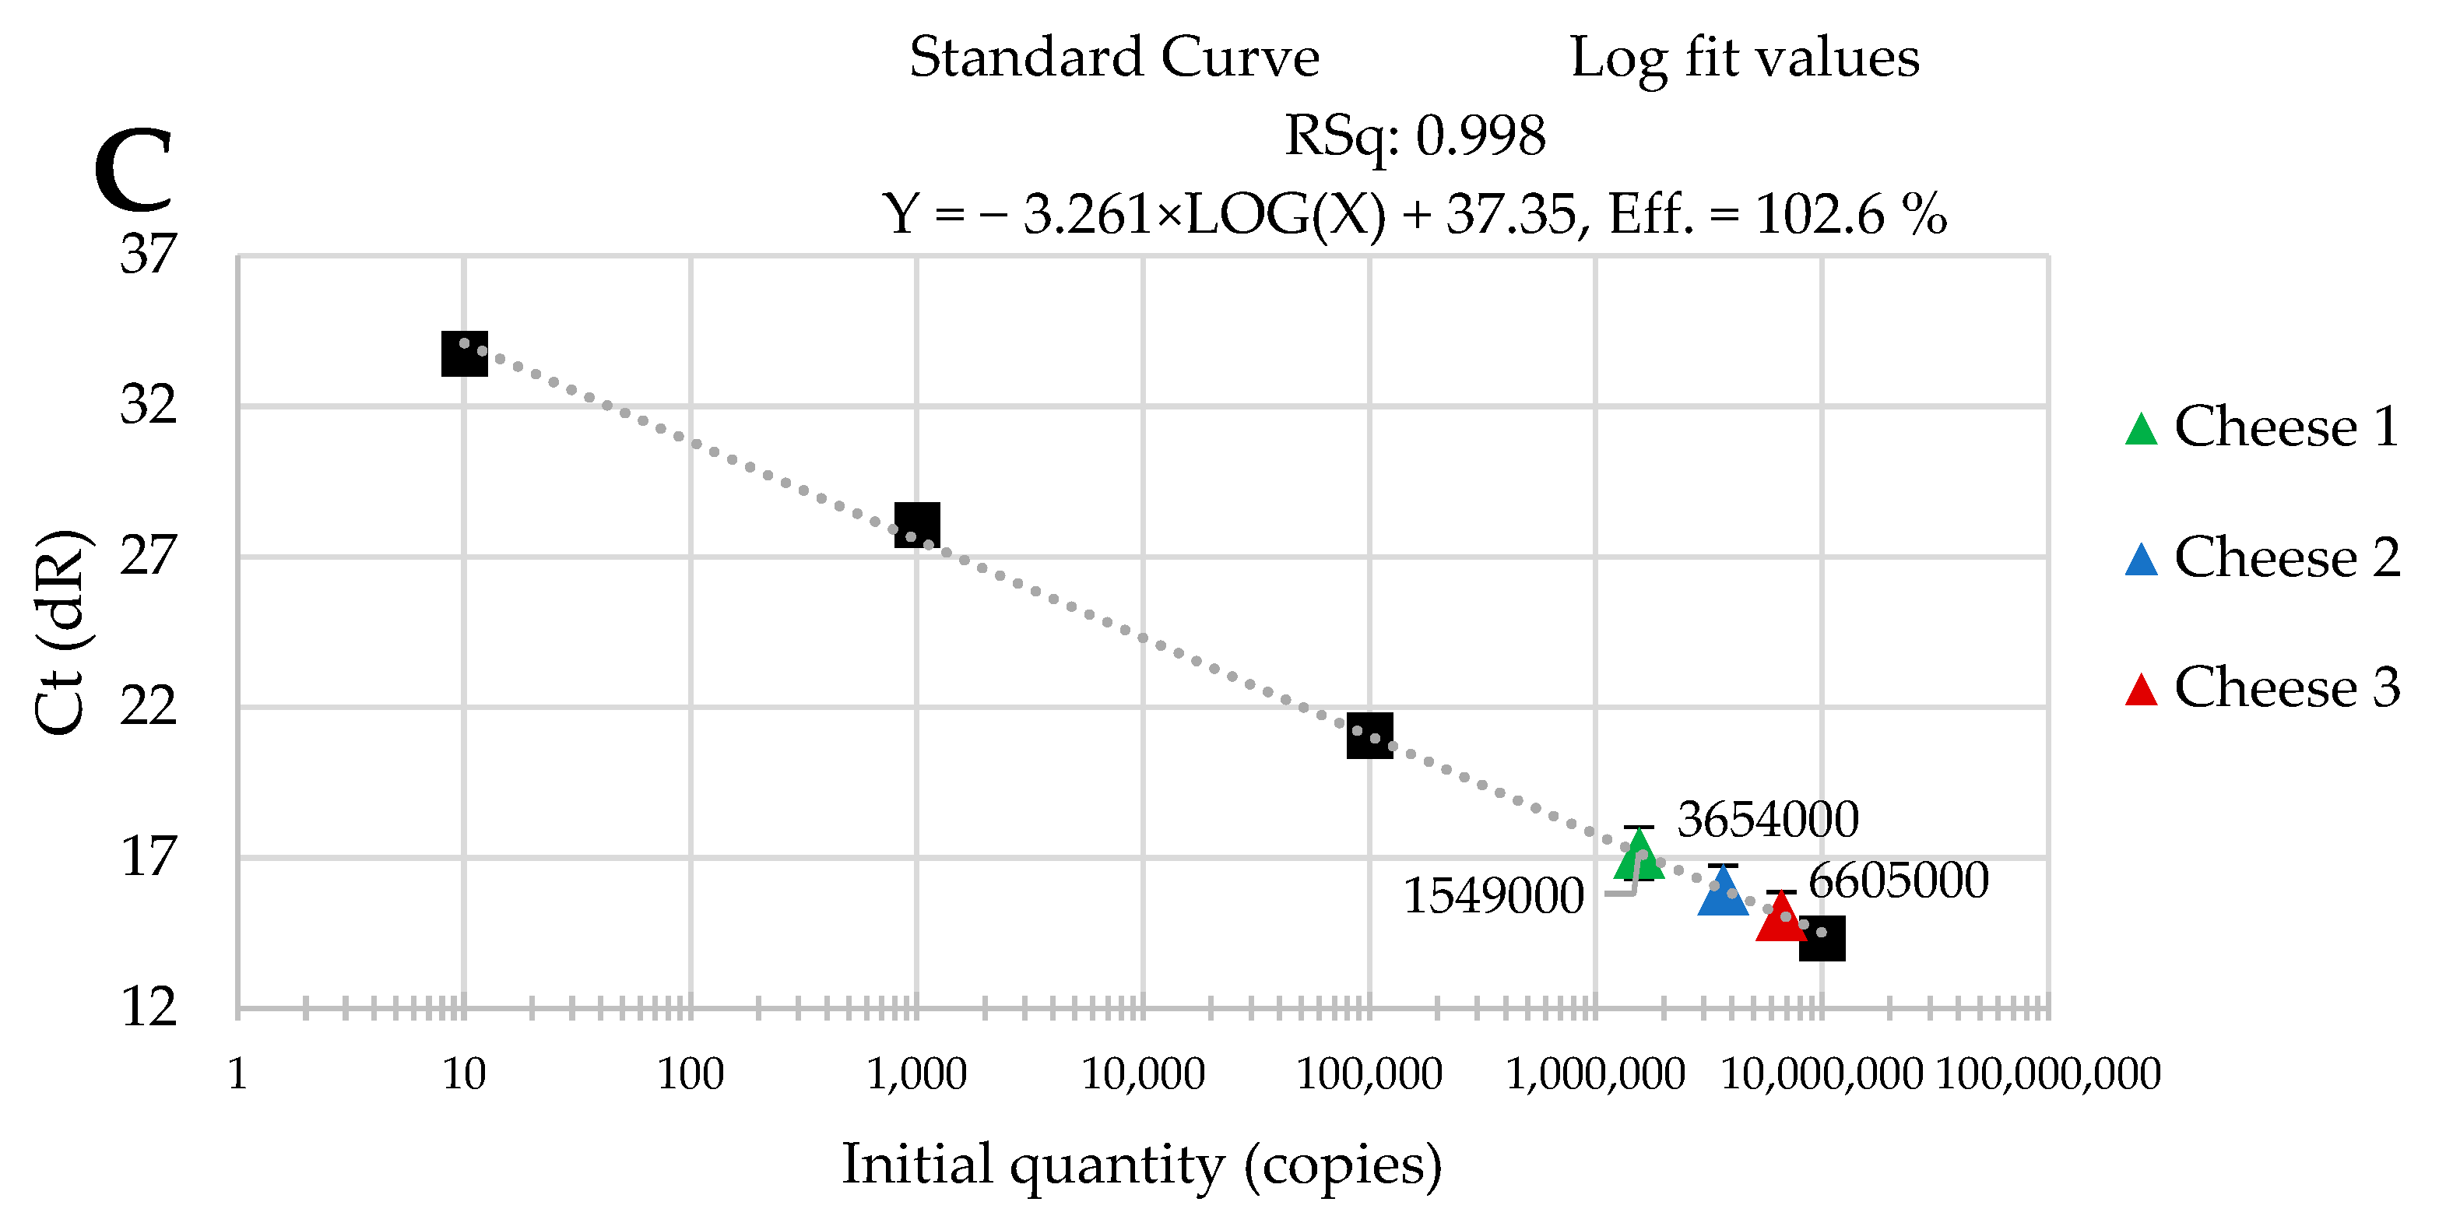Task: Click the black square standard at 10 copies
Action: (x=464, y=353)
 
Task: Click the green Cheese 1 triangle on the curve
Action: (x=1639, y=857)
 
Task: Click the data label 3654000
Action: (x=1767, y=820)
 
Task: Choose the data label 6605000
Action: (x=1898, y=880)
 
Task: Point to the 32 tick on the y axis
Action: (x=149, y=406)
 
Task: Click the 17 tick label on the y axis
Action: (x=149, y=857)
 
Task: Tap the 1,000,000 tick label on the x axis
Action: (x=1595, y=1075)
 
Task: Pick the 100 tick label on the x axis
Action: (x=691, y=1075)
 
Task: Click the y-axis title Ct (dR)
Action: (x=59, y=631)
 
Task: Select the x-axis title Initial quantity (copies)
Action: (x=1141, y=1165)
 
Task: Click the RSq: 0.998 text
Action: (x=1415, y=135)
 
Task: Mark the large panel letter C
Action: (x=134, y=171)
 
